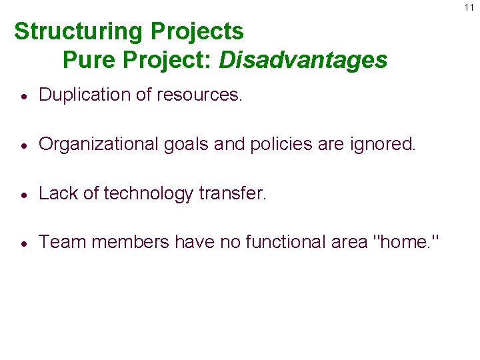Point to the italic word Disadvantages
(303, 60)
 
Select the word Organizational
(100, 144)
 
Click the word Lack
(60, 193)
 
